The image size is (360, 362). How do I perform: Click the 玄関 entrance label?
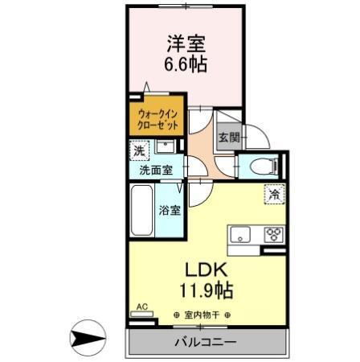coord(228,138)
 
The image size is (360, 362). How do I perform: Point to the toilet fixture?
coord(263,167)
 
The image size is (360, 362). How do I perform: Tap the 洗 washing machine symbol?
coord(140,151)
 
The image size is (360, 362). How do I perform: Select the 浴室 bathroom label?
coord(169,212)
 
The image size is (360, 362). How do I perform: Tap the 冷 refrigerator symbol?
coord(274,194)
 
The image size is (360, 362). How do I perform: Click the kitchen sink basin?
coord(240,235)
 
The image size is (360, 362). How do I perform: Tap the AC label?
coord(142,306)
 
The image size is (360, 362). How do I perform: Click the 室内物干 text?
coord(202,315)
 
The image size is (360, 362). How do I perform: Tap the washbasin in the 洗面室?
coord(164,147)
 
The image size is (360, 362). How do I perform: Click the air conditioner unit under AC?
coord(142,316)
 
